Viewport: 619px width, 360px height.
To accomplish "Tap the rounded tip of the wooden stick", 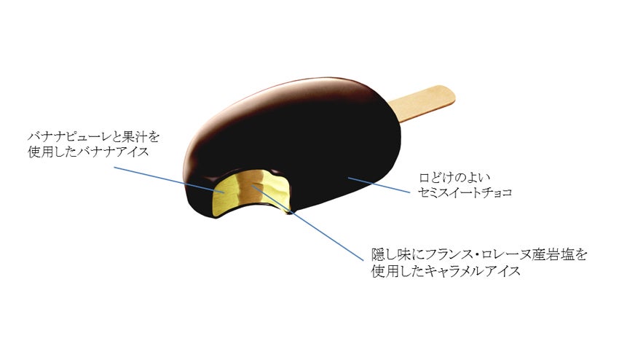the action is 453,94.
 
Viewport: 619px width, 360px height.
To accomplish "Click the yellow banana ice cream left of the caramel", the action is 224,194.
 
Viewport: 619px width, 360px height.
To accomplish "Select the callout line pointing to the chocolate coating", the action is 379,185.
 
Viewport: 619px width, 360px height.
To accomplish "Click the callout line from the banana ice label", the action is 170,180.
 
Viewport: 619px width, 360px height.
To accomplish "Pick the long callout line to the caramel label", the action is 307,222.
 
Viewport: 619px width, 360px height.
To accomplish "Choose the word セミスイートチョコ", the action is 465,192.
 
